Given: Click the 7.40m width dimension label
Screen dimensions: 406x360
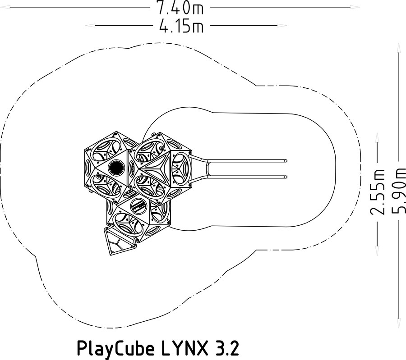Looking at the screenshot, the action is [x=181, y=8].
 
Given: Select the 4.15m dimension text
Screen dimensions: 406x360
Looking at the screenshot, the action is [x=181, y=26].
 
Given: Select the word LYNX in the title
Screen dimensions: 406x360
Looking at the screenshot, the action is [x=185, y=348].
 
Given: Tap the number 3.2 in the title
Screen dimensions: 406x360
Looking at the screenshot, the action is [x=226, y=348].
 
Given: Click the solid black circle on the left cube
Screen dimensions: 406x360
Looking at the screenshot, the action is [x=116, y=168].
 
